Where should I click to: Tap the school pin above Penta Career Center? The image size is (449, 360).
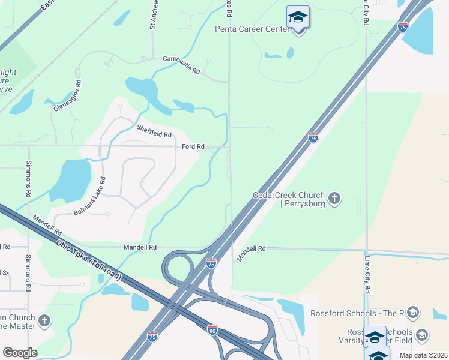[x=298, y=18]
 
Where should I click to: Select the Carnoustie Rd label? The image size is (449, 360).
[x=181, y=65]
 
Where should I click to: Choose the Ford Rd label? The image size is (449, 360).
[x=193, y=146]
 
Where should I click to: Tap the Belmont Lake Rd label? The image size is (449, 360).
[x=89, y=196]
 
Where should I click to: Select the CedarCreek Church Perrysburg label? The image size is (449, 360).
[x=289, y=200]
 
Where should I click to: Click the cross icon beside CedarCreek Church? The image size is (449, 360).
[x=335, y=197]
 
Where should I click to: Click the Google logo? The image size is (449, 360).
[x=20, y=352]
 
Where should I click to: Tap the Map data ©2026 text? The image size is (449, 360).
[x=423, y=355]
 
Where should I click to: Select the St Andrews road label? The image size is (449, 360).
[x=153, y=15]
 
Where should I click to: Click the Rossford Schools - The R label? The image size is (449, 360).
[x=357, y=313]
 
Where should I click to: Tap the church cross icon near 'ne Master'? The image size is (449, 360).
[x=44, y=321]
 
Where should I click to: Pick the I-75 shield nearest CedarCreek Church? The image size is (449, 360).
[x=313, y=138]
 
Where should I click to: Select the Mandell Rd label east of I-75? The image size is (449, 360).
[x=251, y=248]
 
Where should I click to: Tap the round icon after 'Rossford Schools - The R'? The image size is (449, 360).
[x=412, y=313]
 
